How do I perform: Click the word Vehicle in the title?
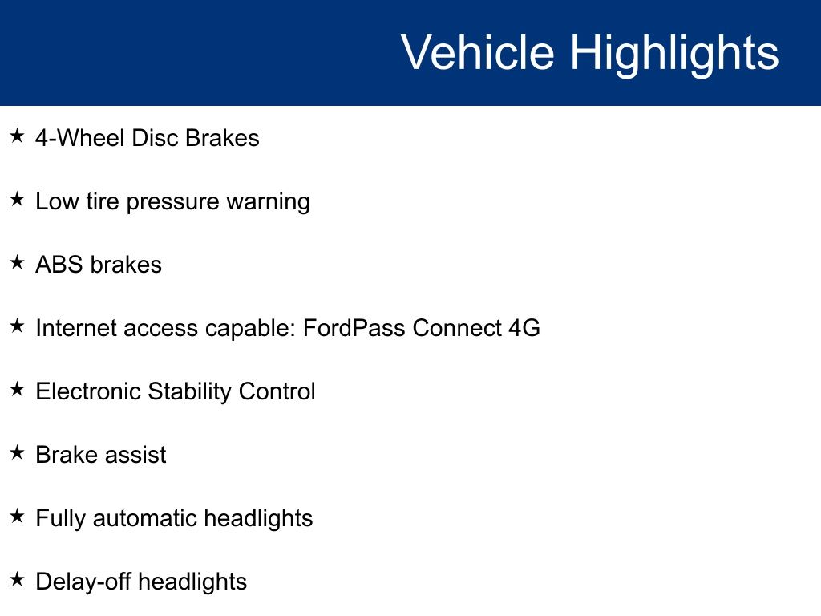point(478,52)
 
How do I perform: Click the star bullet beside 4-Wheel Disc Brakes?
point(17,136)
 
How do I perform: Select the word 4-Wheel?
point(80,138)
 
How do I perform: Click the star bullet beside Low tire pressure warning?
point(17,199)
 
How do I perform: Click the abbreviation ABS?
point(59,265)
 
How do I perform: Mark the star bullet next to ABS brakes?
point(17,262)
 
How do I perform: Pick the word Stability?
point(189,392)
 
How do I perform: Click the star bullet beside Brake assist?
point(17,452)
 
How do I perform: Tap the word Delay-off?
point(83,582)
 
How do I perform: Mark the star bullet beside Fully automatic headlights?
point(17,516)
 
